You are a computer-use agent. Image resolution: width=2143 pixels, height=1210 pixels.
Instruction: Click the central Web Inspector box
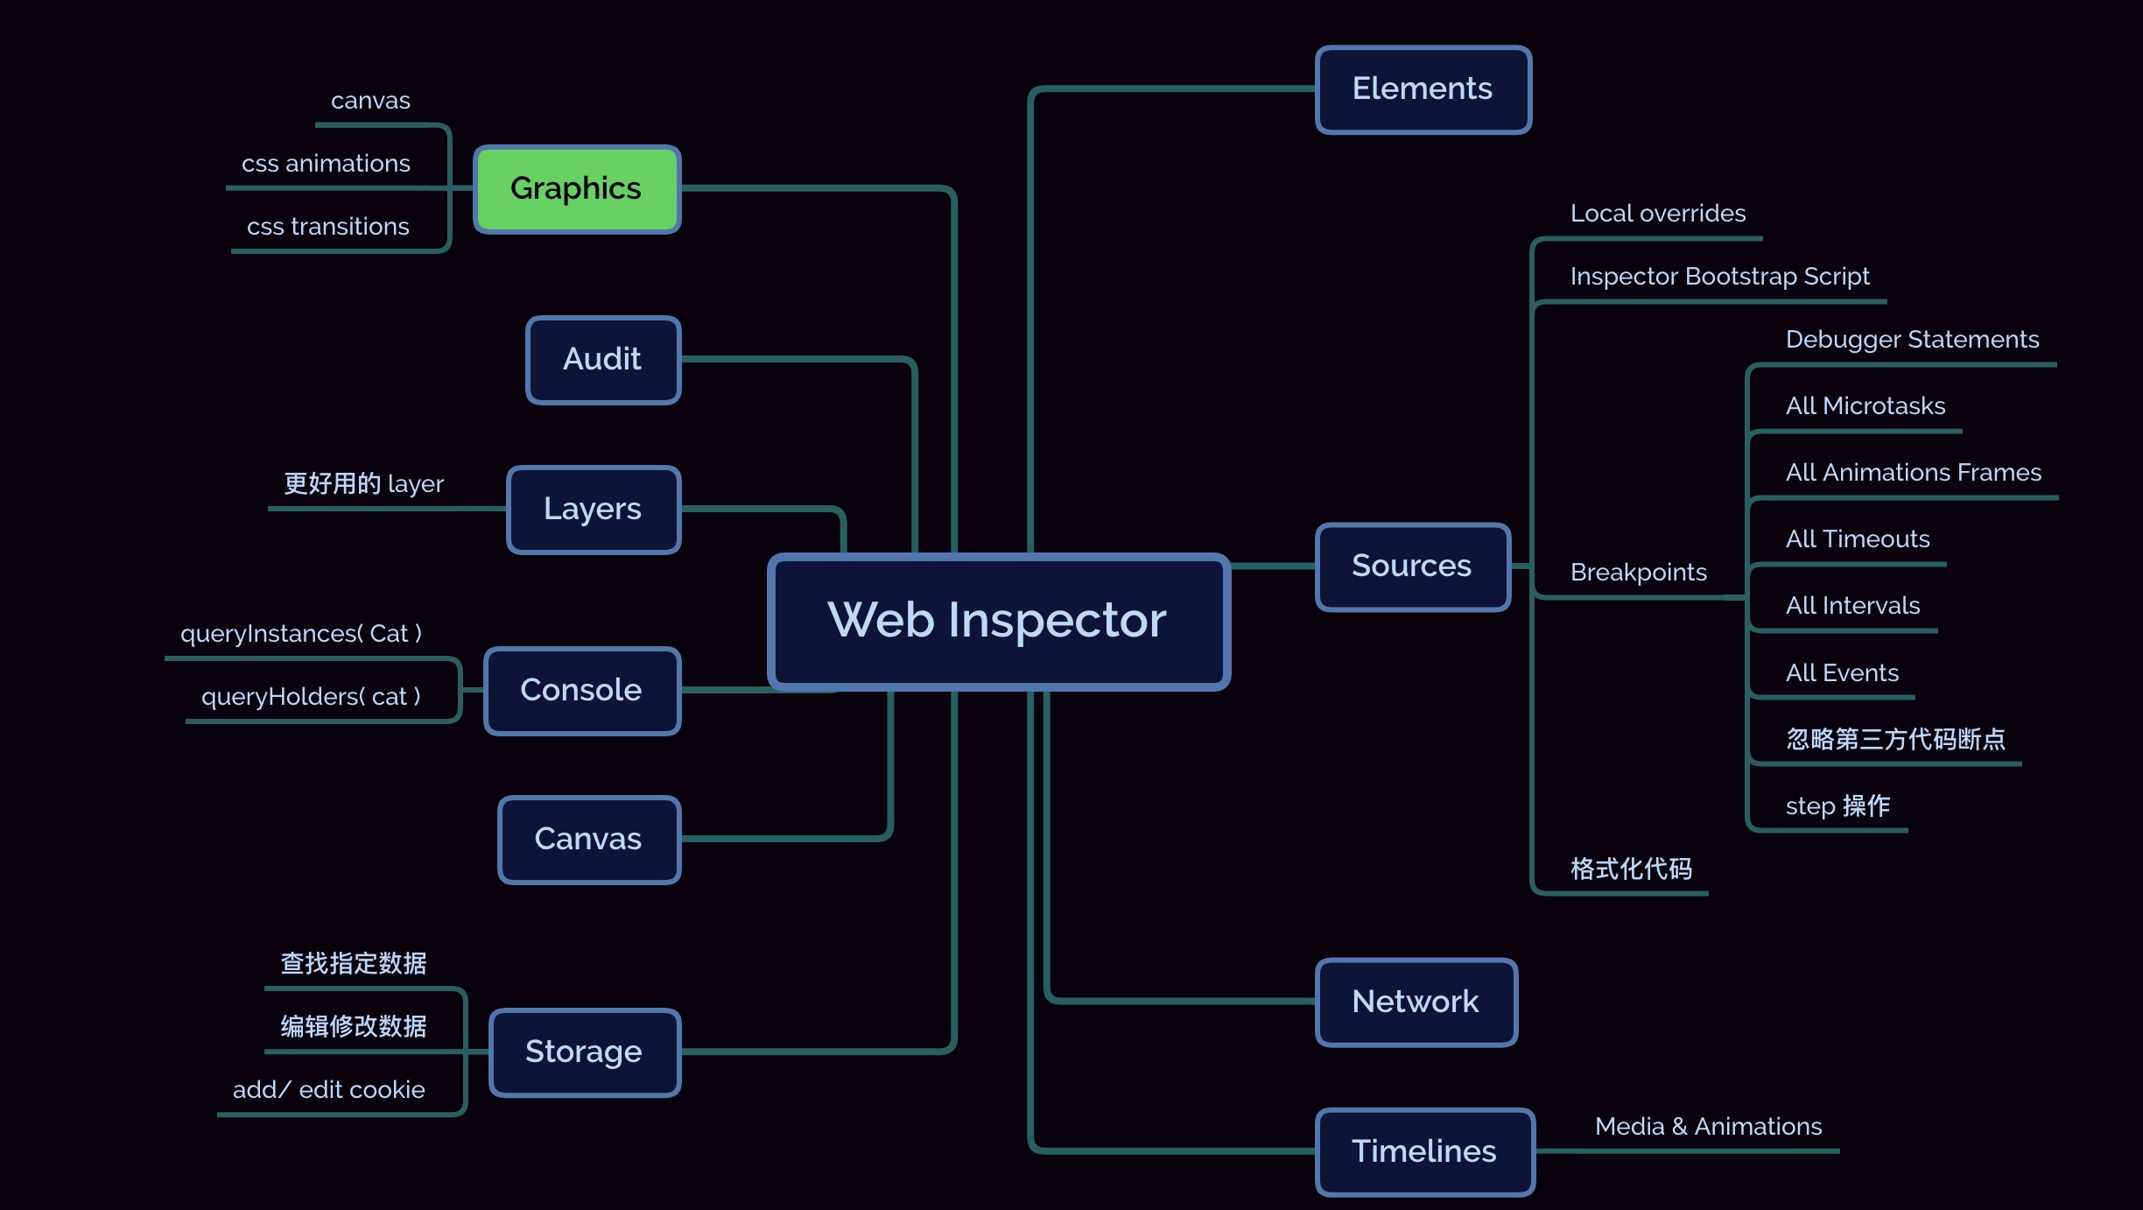pos(999,622)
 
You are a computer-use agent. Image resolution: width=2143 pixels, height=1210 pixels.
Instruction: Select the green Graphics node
pos(577,189)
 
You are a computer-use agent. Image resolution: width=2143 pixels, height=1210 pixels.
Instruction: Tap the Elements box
pos(1423,89)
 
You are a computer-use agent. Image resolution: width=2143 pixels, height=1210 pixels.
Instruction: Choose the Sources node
pos(1413,566)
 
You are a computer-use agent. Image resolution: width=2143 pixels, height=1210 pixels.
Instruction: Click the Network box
pos(1416,1002)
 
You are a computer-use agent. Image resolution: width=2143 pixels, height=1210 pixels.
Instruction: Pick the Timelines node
pos(1425,1151)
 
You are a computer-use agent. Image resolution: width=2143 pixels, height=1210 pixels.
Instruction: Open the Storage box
pos(585,1052)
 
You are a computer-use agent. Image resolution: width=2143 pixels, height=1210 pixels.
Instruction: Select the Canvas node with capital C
pos(589,840)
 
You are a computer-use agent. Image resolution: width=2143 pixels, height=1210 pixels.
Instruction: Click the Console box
pos(582,691)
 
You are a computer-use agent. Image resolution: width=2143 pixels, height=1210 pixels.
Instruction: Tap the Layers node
pos(594,510)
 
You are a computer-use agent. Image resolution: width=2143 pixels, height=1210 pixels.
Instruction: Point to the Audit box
pos(603,360)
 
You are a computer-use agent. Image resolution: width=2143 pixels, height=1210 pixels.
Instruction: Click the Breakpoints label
pos(1639,573)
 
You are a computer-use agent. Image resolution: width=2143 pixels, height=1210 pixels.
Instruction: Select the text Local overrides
pos(1658,214)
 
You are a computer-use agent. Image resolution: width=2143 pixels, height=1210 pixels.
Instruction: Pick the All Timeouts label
pos(1858,539)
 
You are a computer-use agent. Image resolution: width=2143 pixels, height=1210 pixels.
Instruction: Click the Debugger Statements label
pos(1913,340)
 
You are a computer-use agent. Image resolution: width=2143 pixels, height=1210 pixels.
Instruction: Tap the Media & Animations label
pos(1709,1126)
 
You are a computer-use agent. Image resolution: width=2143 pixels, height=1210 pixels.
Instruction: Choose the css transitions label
pos(328,227)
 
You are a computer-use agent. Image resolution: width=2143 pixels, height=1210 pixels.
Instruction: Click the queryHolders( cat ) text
pos(311,697)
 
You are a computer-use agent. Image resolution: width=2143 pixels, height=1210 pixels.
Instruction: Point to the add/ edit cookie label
pos(329,1090)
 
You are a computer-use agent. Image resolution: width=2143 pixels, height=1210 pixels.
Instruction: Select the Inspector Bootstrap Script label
pos(1720,277)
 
